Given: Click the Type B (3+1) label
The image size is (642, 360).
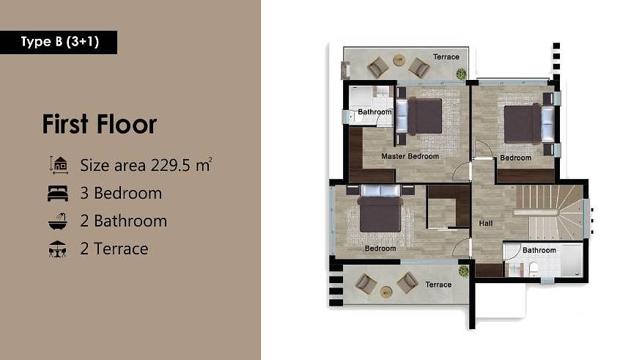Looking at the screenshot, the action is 60,42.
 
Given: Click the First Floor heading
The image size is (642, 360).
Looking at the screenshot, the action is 100,124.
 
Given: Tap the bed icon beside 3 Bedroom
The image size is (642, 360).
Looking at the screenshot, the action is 58,194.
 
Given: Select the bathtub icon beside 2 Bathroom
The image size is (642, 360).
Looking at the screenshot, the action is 58,221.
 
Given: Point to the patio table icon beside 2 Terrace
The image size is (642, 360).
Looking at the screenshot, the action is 57,249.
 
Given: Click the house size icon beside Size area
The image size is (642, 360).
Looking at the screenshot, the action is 59,165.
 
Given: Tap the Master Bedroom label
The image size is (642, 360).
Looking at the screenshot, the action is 410,156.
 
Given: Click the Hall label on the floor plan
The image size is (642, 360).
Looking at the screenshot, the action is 486,223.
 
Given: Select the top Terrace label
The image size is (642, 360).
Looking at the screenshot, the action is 446,57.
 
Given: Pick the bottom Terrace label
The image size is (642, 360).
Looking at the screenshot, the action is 438,284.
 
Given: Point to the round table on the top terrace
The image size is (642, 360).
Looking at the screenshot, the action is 399,61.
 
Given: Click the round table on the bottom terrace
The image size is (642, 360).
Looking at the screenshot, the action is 386,292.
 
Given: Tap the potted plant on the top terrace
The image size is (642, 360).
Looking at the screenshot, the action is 462,74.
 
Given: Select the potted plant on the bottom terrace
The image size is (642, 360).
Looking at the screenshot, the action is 463,271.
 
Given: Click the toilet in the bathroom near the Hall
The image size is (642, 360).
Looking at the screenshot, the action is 534,270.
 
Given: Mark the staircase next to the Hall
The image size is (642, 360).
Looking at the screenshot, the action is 549,213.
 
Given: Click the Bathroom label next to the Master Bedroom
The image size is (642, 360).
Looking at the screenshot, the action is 374,111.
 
